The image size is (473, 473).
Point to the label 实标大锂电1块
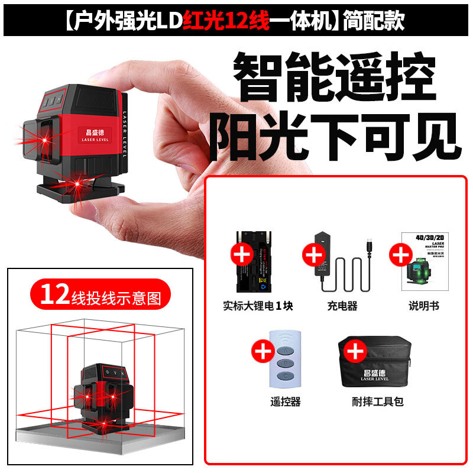coord(258,306)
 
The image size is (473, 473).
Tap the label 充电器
coord(342,306)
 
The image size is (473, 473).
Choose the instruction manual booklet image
coord(421,261)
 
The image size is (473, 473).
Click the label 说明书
coord(424,306)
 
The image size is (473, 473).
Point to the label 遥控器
coord(286,402)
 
